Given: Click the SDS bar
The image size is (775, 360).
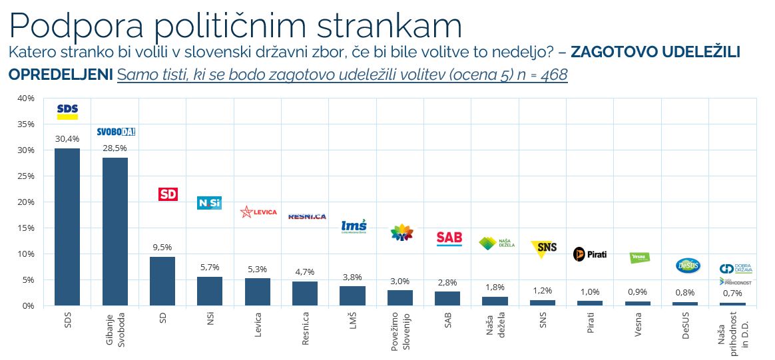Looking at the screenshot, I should point(67,226).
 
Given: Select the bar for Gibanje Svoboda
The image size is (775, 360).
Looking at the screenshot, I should point(115,231).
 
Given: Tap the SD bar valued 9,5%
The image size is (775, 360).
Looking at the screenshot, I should point(162,280).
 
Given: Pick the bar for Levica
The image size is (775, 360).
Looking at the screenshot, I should point(258,291).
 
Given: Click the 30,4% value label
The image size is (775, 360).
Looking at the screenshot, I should point(67,139).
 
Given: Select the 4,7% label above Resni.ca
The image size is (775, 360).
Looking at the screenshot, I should point(305,272).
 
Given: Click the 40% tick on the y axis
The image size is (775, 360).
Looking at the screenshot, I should point(25,98).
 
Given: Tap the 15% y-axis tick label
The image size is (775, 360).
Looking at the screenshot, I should point(25,228).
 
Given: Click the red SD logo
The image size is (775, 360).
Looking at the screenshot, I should point(168,194).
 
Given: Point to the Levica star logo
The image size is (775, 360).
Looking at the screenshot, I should point(258,212).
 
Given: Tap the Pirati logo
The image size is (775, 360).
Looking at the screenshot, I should point(590,254).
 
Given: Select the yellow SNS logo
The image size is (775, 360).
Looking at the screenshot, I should point(543,248).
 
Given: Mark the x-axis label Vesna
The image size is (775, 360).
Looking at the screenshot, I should point(639,323).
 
